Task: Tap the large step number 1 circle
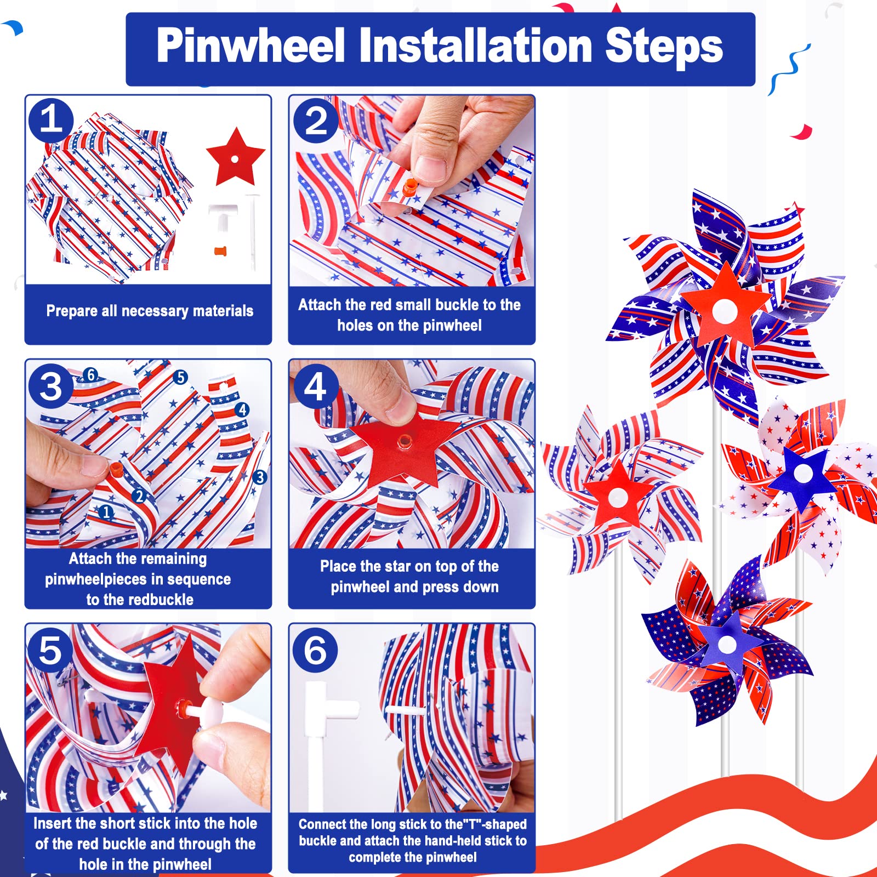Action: (x=51, y=119)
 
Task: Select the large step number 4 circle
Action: (x=315, y=386)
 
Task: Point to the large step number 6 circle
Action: (x=315, y=650)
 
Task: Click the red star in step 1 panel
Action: (x=236, y=158)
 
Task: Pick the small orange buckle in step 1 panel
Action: (x=220, y=252)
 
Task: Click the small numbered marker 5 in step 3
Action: (x=180, y=377)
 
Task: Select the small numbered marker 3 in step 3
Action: (x=260, y=477)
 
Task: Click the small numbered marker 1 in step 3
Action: (x=106, y=512)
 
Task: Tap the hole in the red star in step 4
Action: (x=405, y=440)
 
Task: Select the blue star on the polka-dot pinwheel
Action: (x=802, y=474)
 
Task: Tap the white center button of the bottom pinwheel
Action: (x=727, y=645)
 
